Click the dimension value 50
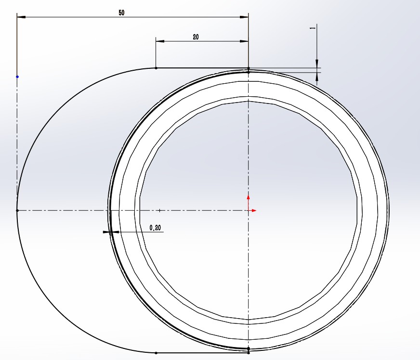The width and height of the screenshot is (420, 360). pyautogui.click(x=121, y=13)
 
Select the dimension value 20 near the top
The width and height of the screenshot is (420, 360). pyautogui.click(x=196, y=37)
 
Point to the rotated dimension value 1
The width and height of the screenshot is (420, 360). pyautogui.click(x=312, y=28)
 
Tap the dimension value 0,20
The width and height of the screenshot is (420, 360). pyautogui.click(x=155, y=228)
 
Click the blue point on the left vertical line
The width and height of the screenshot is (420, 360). pyautogui.click(x=17, y=77)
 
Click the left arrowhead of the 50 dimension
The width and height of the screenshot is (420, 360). pyautogui.click(x=21, y=17)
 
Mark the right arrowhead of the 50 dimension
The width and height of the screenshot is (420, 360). pyautogui.click(x=244, y=17)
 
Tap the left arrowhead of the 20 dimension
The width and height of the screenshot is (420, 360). pyautogui.click(x=160, y=41)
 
